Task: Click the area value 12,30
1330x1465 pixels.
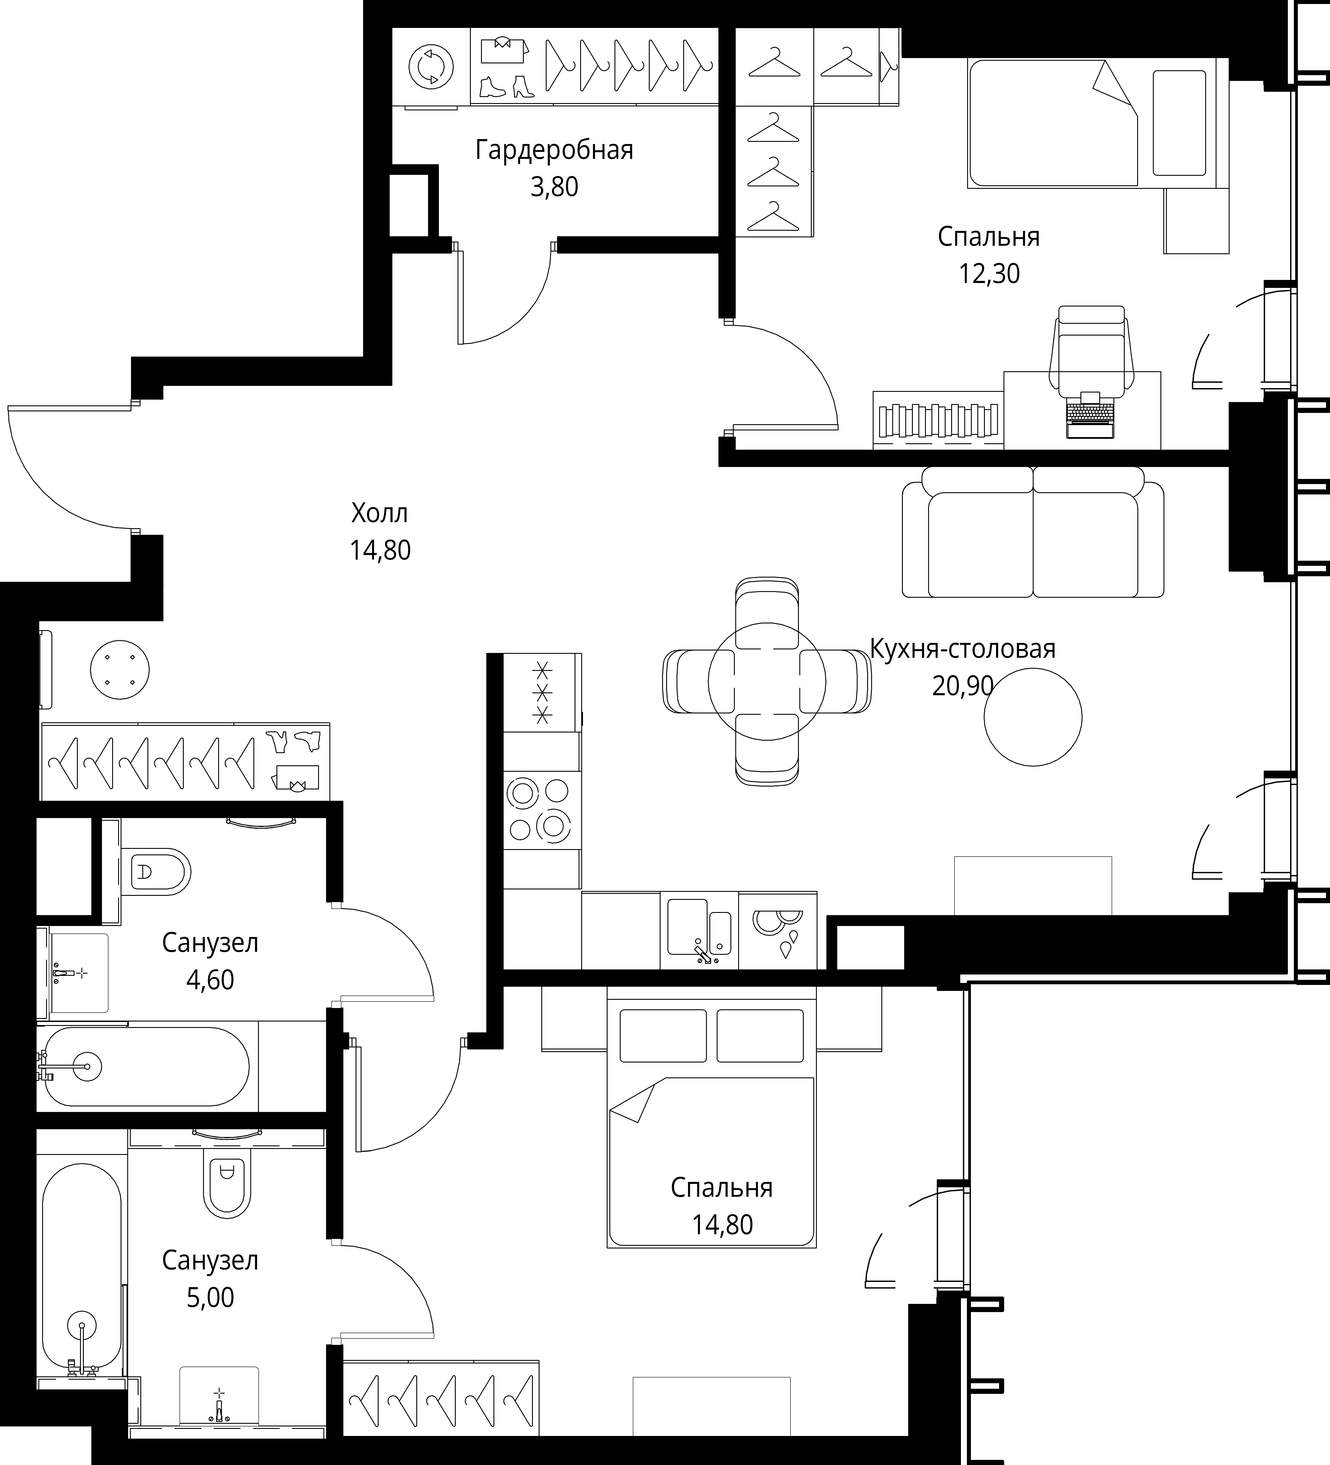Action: pos(989,274)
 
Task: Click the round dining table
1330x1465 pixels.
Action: pos(767,681)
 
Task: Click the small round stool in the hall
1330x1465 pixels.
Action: pos(120,669)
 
